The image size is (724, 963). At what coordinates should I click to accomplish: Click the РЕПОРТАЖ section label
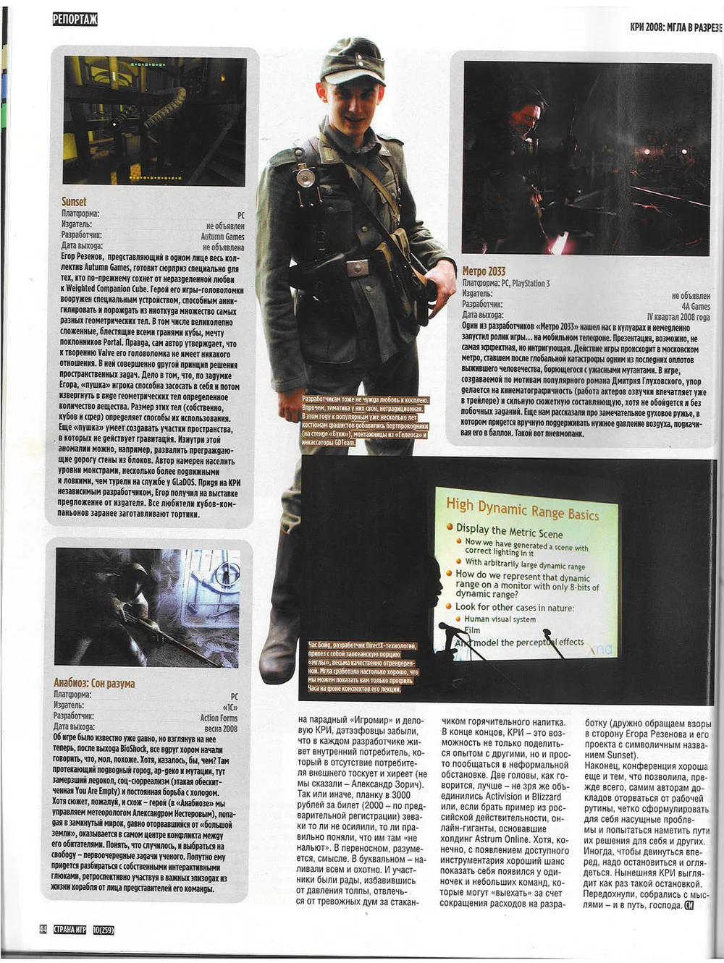coord(75,20)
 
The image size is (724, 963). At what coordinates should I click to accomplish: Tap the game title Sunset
coord(74,202)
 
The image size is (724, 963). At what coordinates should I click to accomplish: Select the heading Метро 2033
coord(484,271)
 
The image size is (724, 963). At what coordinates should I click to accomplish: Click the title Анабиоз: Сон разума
coord(94,682)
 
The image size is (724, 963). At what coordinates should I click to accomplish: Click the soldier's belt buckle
coord(357,268)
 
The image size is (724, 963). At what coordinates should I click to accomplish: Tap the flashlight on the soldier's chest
coord(304,176)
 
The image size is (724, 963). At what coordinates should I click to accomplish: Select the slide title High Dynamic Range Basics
coord(522,508)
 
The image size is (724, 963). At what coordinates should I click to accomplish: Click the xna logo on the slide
coord(599,650)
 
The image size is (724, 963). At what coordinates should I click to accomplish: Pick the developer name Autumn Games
coord(222,237)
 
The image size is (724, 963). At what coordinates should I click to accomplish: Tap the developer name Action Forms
coord(219,718)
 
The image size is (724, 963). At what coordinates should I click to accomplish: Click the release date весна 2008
coord(221,729)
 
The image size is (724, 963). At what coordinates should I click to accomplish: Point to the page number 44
coord(43,930)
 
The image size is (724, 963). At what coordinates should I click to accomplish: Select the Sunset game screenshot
coord(155,121)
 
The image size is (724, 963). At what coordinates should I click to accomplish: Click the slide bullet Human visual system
coord(500,619)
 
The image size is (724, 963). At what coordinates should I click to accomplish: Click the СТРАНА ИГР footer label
coord(70,930)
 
